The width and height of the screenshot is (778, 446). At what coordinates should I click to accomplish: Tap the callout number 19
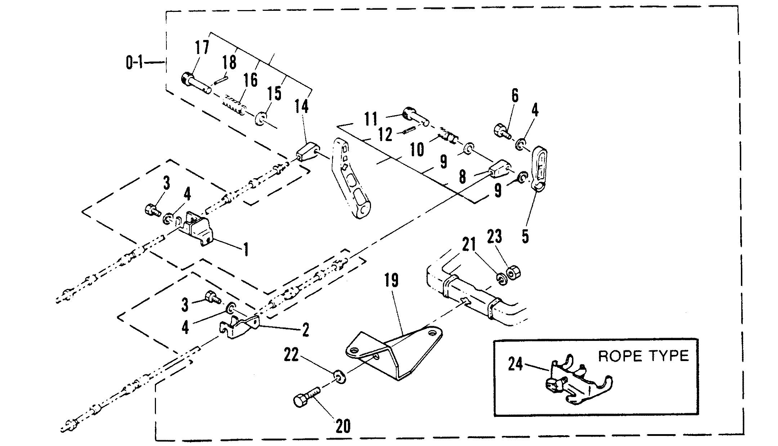point(392,280)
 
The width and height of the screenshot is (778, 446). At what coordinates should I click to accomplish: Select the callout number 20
point(343,426)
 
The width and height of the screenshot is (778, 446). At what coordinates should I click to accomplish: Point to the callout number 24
point(515,364)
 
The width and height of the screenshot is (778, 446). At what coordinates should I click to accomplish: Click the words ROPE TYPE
point(643,356)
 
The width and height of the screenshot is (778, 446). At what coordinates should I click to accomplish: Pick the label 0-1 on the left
point(134,63)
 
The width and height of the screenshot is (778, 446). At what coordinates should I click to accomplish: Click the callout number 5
point(525,236)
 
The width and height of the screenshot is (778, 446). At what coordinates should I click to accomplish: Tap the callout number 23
point(494,236)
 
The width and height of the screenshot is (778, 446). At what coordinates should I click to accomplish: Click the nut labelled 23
point(513,272)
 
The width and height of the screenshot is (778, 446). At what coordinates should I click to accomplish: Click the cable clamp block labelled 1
point(197,229)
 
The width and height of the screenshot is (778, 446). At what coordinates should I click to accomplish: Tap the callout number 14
point(301,107)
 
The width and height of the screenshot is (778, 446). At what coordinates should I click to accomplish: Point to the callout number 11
point(371,119)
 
